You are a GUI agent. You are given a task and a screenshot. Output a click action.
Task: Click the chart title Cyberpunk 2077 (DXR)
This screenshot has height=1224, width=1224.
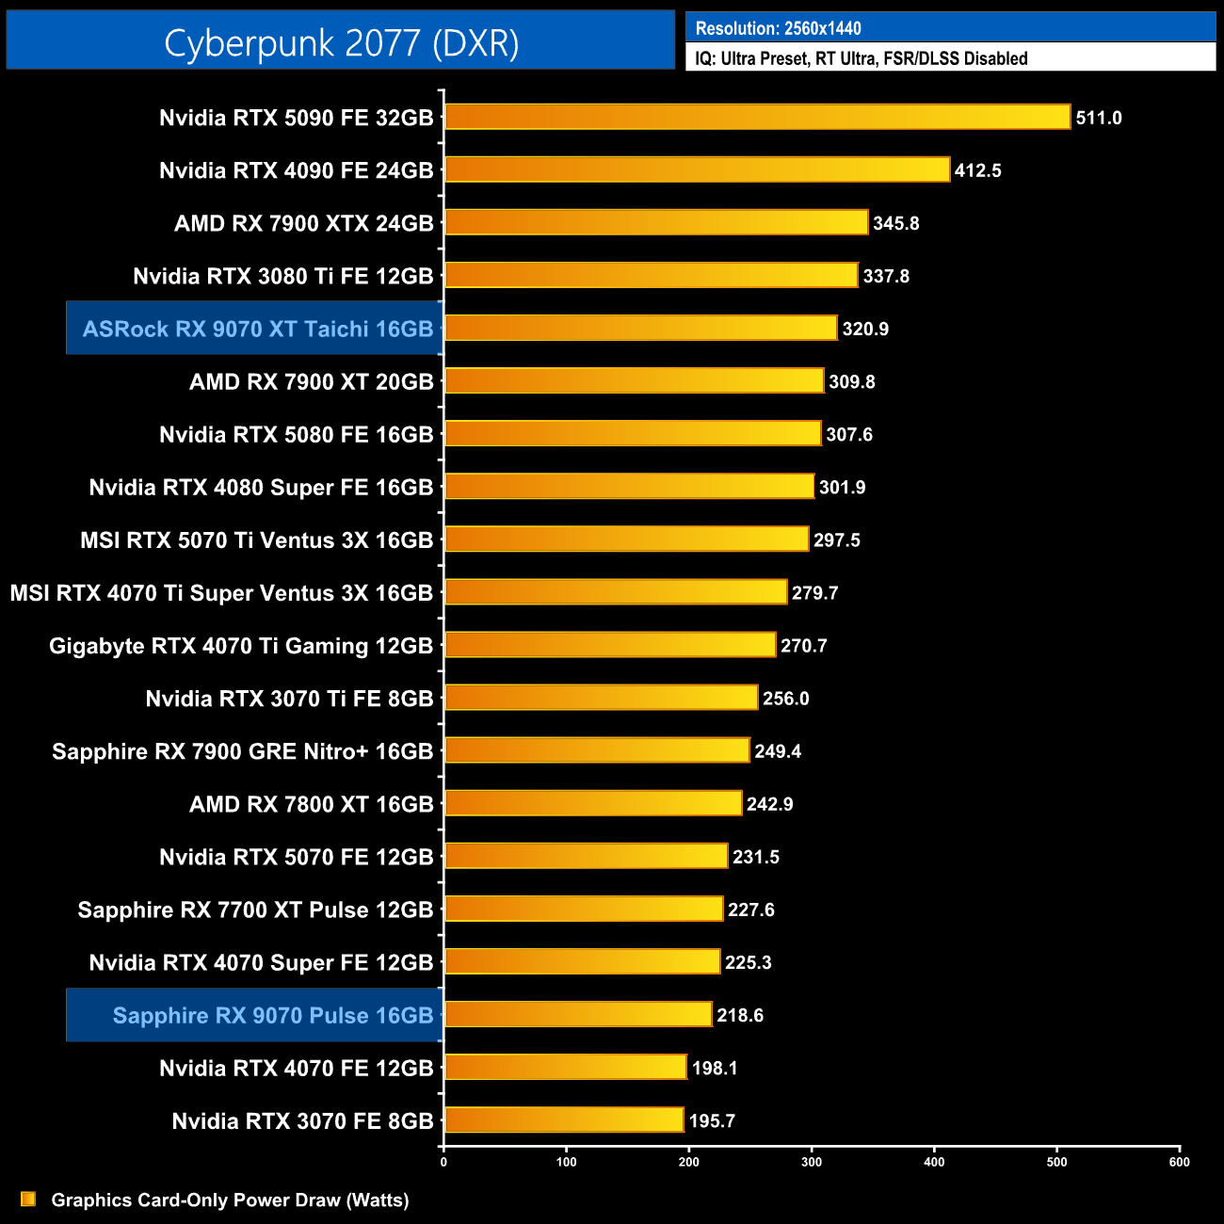341,42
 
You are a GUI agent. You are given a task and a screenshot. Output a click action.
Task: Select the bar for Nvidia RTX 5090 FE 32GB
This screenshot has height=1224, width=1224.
757,117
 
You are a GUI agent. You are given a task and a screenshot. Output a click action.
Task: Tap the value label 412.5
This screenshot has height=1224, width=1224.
977,170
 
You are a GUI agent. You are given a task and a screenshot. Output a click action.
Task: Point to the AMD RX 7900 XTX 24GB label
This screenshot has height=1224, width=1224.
303,223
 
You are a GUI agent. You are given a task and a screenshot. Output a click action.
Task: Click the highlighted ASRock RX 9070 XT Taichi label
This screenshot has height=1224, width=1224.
257,329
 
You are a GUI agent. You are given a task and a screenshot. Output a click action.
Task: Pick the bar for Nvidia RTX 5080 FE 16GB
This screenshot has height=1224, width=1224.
632,434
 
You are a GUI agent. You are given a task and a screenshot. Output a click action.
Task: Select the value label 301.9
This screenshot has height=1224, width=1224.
842,487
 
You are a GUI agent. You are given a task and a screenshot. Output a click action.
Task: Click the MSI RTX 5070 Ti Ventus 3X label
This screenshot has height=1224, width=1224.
256,540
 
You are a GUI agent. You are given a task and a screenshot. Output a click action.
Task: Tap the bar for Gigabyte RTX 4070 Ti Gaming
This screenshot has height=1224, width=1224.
609,645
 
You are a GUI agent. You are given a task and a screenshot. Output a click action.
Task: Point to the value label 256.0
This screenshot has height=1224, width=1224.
785,699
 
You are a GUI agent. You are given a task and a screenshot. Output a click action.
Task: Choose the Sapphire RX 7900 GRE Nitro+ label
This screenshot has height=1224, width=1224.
242,751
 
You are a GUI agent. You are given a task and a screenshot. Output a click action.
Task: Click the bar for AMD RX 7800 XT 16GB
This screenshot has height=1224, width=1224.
592,803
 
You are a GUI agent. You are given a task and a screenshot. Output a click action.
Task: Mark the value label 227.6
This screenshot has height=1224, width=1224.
750,910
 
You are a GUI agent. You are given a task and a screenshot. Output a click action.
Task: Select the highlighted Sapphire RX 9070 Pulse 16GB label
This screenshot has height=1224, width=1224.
272,1015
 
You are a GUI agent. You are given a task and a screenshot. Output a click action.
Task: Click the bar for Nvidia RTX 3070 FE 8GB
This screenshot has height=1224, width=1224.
563,1120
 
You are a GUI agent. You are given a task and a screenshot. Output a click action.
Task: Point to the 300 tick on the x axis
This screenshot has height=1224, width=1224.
812,1162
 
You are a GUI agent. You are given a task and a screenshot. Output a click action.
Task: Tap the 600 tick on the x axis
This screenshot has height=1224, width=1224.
1179,1162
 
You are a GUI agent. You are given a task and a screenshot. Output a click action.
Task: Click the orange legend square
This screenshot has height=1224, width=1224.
28,1199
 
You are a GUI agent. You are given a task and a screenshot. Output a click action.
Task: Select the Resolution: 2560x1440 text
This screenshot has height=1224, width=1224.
778,28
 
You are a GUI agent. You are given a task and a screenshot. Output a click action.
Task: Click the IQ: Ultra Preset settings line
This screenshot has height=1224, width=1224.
861,58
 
